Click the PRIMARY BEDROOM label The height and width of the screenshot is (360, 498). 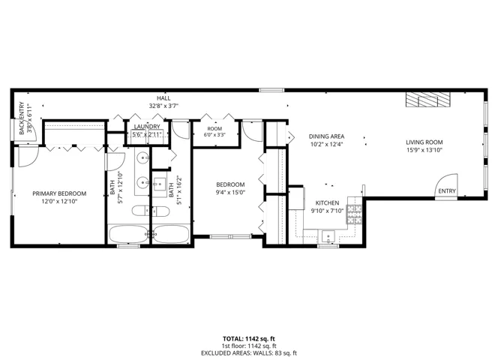pyautogui.click(x=59, y=193)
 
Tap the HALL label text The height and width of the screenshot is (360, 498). pyautogui.click(x=163, y=98)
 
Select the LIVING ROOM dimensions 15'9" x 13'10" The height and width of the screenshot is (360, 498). pyautogui.click(x=424, y=150)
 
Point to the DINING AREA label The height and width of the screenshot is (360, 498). pyautogui.click(x=326, y=136)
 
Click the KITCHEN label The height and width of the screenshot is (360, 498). pyautogui.click(x=327, y=202)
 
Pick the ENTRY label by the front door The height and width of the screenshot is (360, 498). pyautogui.click(x=447, y=191)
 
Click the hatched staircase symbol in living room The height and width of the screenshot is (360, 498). pyautogui.click(x=428, y=100)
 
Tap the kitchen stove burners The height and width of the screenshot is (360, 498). pyautogui.click(x=354, y=214)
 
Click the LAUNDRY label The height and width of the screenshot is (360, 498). pyautogui.click(x=147, y=127)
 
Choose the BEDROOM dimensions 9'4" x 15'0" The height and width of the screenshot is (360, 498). pyautogui.click(x=230, y=192)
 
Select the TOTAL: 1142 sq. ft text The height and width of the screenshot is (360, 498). pyautogui.click(x=249, y=339)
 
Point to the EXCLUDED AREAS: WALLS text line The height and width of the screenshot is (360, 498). pyautogui.click(x=249, y=353)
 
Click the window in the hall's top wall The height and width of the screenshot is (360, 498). pyautogui.click(x=271, y=90)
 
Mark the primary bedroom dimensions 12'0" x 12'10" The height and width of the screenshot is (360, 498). pyautogui.click(x=59, y=201)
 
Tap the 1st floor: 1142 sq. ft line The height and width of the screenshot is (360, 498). pyautogui.click(x=249, y=346)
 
